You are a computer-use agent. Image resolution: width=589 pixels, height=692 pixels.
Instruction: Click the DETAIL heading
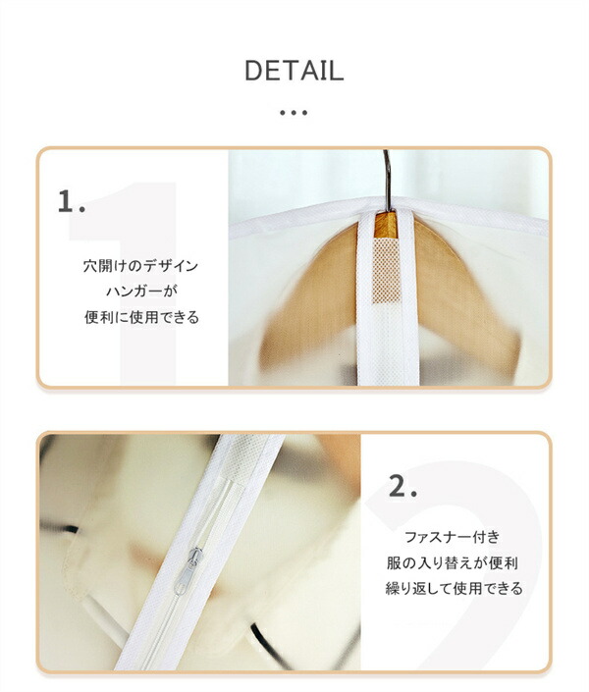tap(294, 71)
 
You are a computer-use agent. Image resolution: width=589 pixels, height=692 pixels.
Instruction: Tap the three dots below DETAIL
tap(294, 113)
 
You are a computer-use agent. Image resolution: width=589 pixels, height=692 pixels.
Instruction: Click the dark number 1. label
tap(71, 201)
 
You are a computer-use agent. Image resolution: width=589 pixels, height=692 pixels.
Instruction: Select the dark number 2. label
tap(402, 486)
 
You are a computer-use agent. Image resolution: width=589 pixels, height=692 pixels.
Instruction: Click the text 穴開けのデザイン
tap(140, 266)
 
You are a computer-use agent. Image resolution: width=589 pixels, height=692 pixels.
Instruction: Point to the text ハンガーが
tap(141, 292)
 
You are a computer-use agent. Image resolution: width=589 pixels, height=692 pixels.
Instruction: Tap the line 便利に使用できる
tap(141, 317)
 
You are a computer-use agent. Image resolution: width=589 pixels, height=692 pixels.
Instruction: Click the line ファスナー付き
tap(453, 537)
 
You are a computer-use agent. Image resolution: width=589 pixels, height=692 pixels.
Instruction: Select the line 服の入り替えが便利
tap(453, 562)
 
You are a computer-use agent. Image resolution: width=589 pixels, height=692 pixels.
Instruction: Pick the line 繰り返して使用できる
tap(454, 588)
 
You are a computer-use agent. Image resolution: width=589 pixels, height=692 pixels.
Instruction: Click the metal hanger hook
tap(387, 180)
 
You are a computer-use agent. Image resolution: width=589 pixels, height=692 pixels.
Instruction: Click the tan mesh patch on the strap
tap(387, 271)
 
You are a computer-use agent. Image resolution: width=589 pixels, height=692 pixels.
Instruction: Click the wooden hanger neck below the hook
tap(386, 225)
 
